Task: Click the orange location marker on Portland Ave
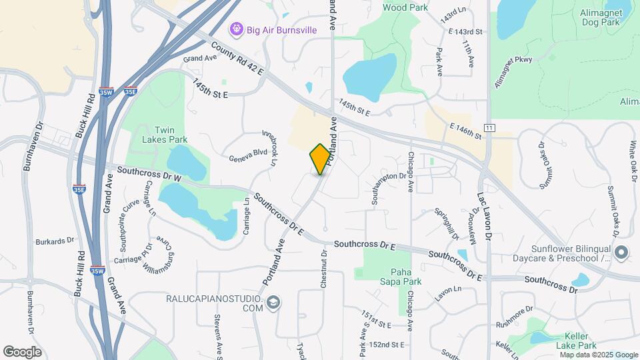coord(320,159)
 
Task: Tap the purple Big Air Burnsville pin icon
coord(235,29)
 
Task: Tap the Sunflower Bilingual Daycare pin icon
coord(621,252)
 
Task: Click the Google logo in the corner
coord(23,352)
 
